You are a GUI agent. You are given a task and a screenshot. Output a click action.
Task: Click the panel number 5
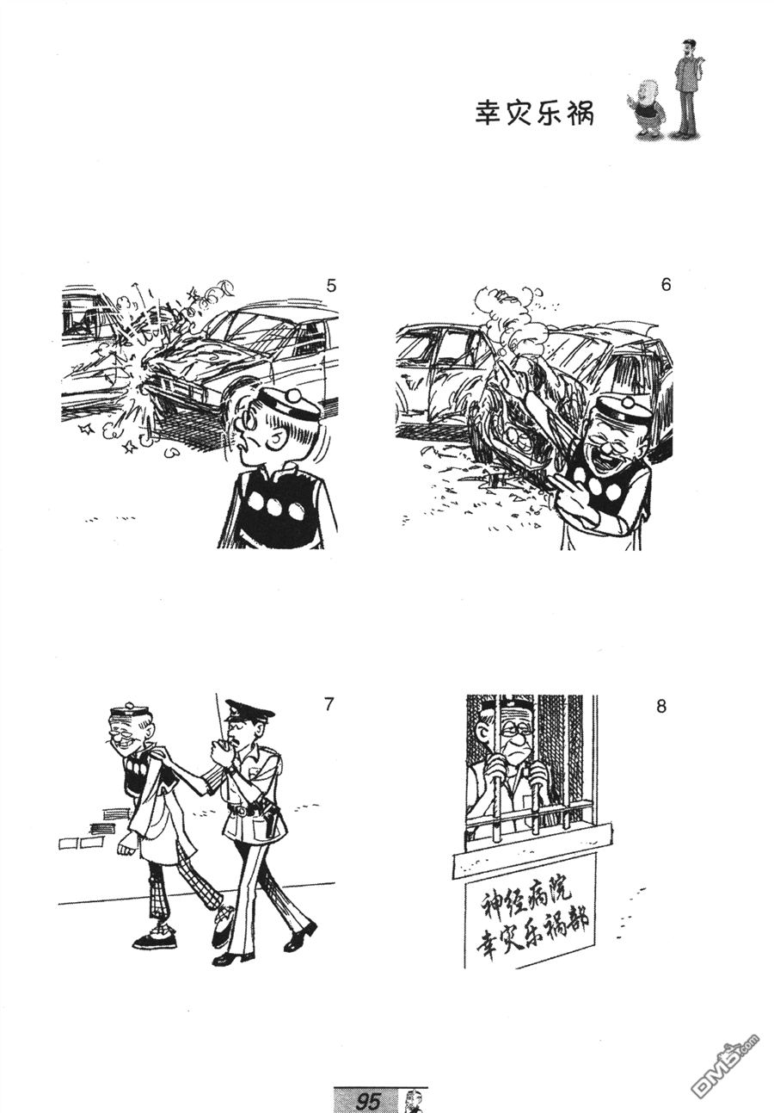pos(331,286)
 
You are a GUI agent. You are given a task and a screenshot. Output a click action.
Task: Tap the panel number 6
pos(666,285)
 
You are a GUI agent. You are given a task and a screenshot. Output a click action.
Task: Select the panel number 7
pos(328,705)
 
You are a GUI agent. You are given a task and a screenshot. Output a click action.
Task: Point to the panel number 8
pos(661,706)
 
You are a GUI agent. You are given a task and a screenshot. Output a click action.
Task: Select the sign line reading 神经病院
pos(527,896)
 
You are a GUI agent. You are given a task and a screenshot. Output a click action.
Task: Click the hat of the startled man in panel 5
pos(291,404)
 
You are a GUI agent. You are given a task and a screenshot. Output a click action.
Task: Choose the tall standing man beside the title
pos(688,89)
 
